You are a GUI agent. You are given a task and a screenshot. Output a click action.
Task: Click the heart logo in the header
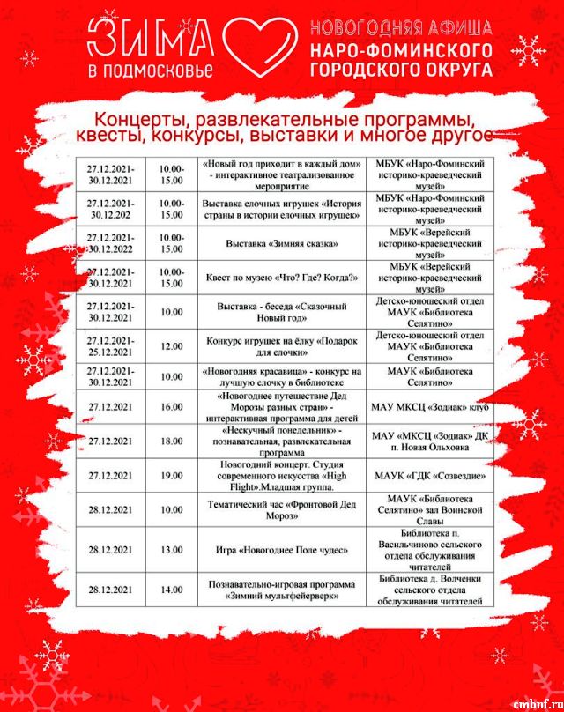click(255, 45)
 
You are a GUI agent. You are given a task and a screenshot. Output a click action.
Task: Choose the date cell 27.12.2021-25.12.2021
click(110, 346)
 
